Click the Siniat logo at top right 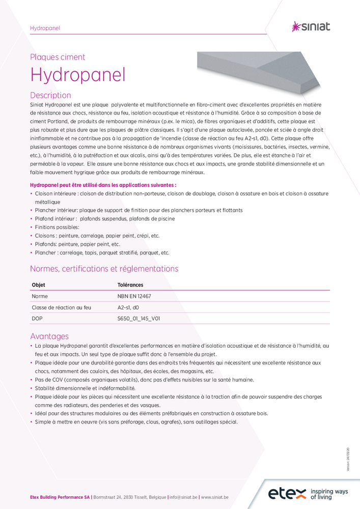coord(310,26)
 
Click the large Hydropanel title coord(78,74)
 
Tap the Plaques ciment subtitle coord(58,57)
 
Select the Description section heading coord(50,95)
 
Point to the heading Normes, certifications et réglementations coord(104,268)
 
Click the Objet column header coord(39,285)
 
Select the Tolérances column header coord(130,285)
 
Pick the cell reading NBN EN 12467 coord(134,296)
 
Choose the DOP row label coord(37,319)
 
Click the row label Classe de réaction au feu coord(61,307)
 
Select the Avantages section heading coord(49,336)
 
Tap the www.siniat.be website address coord(214,496)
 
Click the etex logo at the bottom coord(288,493)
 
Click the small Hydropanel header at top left coord(45,28)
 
